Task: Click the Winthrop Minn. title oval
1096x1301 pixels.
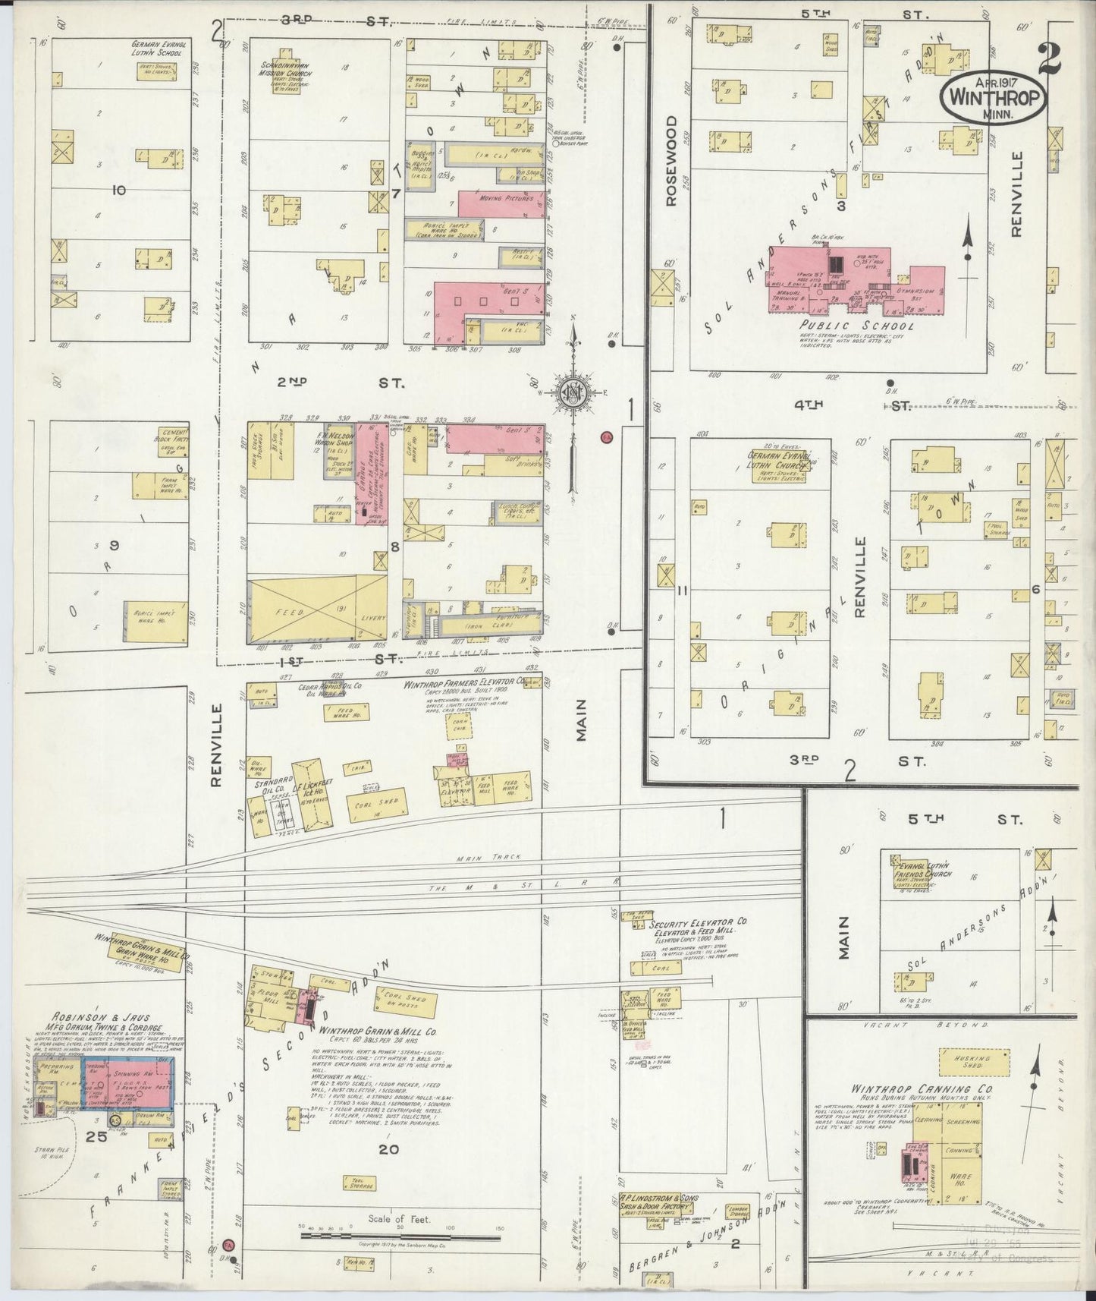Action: click(994, 96)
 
